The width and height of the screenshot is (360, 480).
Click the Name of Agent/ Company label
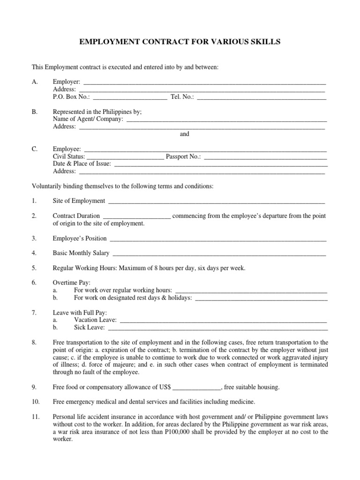(x=88, y=119)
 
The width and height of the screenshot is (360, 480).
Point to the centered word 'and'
(x=185, y=134)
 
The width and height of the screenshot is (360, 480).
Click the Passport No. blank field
(x=265, y=157)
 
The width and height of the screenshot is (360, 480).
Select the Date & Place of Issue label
(x=82, y=164)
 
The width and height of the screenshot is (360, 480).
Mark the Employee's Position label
(x=80, y=238)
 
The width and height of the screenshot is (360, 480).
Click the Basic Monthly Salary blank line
(x=218, y=253)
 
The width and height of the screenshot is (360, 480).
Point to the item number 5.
(x=34, y=268)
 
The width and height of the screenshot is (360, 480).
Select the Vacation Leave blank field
(x=224, y=320)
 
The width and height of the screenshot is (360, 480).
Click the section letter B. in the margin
(x=35, y=112)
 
